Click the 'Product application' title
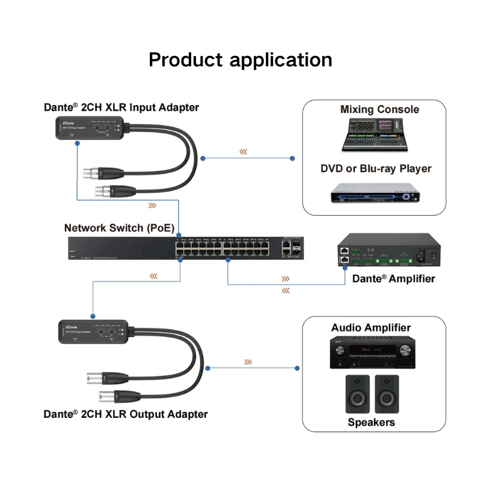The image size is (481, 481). click(x=240, y=60)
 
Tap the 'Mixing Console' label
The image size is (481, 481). click(x=379, y=109)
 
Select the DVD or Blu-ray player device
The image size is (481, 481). click(x=373, y=195)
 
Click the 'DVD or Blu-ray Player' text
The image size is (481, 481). click(x=376, y=168)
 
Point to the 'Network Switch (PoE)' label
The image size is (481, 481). click(x=119, y=228)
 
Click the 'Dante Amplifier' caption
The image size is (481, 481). click(x=393, y=278)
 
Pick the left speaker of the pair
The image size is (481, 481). click(x=357, y=394)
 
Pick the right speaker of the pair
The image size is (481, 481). click(x=387, y=394)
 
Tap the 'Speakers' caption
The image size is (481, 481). click(x=371, y=422)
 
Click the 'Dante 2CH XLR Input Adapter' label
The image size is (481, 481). click(x=121, y=108)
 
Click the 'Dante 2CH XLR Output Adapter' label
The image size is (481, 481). click(x=125, y=414)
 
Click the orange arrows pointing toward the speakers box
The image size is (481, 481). click(x=247, y=362)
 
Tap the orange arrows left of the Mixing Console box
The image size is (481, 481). click(x=243, y=152)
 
